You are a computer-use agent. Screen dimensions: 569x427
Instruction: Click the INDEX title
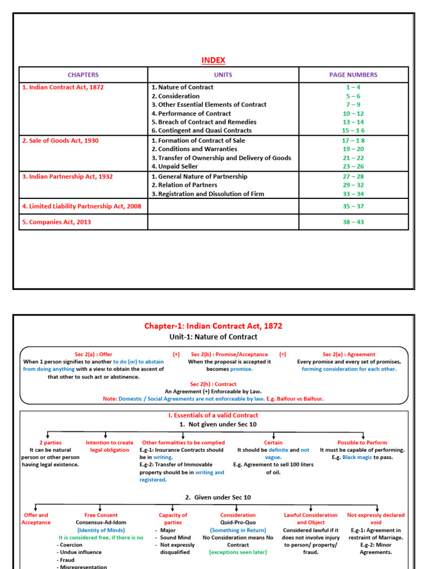213,60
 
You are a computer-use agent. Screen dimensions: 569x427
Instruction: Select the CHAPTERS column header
83,74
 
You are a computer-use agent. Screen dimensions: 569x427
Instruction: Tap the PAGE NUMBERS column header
353,74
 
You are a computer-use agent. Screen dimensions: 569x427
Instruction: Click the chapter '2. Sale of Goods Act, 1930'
61,141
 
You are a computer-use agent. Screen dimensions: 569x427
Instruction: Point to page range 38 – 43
353,222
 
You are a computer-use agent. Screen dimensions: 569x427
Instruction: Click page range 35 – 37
353,206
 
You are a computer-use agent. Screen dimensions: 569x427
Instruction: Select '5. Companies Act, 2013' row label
57,222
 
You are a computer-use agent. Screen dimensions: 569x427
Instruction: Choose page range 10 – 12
353,113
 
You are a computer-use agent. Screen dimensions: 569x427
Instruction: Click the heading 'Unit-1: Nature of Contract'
213,337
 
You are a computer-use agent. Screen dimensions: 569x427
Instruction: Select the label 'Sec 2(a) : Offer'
93,354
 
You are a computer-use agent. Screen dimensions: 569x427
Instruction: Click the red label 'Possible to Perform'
363,443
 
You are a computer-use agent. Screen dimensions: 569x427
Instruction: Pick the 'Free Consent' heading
101,515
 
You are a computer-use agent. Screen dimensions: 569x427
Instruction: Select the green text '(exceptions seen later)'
238,552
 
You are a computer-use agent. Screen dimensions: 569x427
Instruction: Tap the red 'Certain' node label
273,443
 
